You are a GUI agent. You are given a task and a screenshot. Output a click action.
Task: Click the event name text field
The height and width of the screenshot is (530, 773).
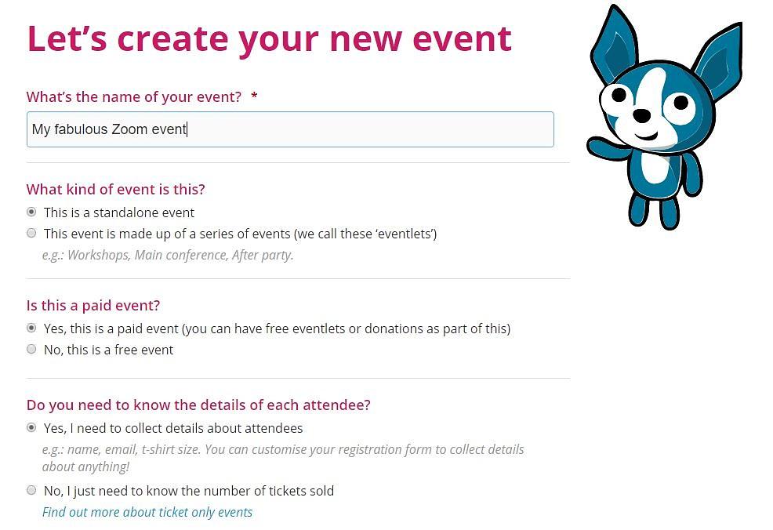click(290, 129)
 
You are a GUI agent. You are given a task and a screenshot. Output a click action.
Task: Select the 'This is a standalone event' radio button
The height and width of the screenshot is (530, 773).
click(31, 212)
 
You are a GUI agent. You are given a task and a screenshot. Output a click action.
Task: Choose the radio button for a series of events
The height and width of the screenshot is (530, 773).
click(31, 233)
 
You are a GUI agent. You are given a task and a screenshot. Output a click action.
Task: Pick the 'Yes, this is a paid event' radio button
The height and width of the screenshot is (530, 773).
click(31, 328)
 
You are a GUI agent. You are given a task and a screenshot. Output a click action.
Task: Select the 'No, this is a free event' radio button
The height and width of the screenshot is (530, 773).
click(31, 349)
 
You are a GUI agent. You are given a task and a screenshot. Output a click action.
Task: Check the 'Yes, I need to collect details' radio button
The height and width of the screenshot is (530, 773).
click(31, 427)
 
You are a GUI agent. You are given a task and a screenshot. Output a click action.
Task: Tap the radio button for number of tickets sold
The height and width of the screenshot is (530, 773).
click(31, 490)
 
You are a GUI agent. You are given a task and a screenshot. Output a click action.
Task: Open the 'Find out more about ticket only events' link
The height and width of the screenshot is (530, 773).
click(147, 512)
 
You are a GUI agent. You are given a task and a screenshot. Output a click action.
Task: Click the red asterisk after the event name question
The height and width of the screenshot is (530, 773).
click(254, 95)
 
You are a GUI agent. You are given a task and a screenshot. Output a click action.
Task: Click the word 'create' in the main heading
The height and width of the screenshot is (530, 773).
click(172, 39)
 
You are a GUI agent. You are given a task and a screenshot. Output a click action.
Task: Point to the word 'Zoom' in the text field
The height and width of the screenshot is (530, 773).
click(129, 129)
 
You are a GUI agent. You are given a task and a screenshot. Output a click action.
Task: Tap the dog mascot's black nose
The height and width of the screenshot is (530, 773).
click(641, 116)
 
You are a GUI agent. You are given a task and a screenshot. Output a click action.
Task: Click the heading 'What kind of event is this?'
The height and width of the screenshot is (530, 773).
click(116, 189)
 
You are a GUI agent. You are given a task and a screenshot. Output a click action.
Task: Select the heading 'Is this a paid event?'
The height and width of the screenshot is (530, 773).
click(93, 305)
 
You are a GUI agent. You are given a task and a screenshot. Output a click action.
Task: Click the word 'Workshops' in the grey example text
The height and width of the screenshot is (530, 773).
click(98, 256)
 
